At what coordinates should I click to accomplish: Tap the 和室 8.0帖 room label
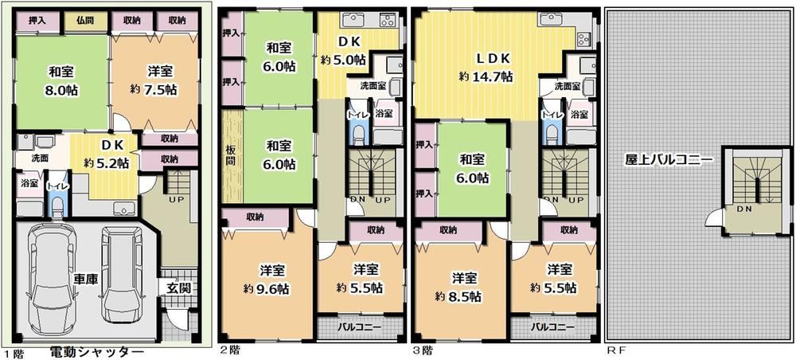click(x=60, y=80)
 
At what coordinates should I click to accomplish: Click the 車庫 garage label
click(x=86, y=280)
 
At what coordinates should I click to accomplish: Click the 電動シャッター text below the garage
click(x=96, y=351)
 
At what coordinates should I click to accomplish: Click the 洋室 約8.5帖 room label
click(x=458, y=287)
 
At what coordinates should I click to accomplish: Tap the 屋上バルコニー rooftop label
click(x=668, y=158)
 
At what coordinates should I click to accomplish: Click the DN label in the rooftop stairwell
click(x=744, y=209)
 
